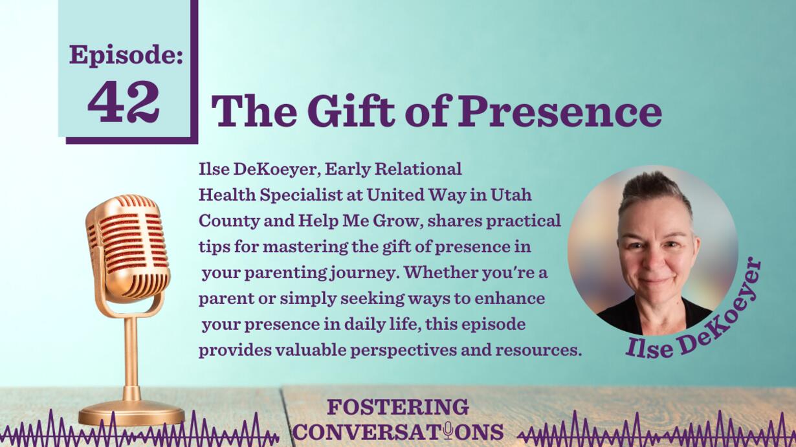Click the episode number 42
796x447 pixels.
coord(124,102)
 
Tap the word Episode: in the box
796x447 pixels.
coord(126,56)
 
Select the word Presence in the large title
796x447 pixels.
coord(560,111)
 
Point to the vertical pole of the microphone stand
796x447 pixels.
coord(131,359)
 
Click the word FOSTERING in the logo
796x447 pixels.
coord(398,407)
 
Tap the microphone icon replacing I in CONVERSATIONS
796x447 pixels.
coord(448,430)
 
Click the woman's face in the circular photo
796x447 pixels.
coord(658,256)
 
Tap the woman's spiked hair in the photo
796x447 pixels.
coord(656,193)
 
